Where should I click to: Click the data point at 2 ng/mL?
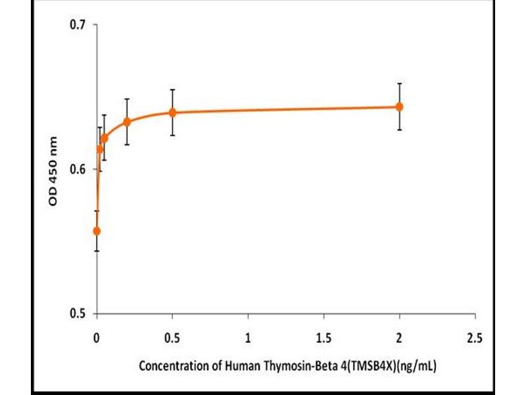[399, 107]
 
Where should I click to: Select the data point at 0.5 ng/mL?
[172, 113]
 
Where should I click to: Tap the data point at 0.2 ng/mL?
[127, 122]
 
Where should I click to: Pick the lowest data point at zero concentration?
[97, 231]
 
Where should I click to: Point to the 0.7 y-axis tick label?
[79, 25]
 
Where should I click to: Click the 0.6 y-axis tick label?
[79, 169]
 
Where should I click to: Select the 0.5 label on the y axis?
[79, 313]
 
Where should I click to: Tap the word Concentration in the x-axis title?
[172, 366]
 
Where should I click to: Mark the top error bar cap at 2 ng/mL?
[399, 84]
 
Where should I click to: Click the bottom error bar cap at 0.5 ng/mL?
[172, 136]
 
